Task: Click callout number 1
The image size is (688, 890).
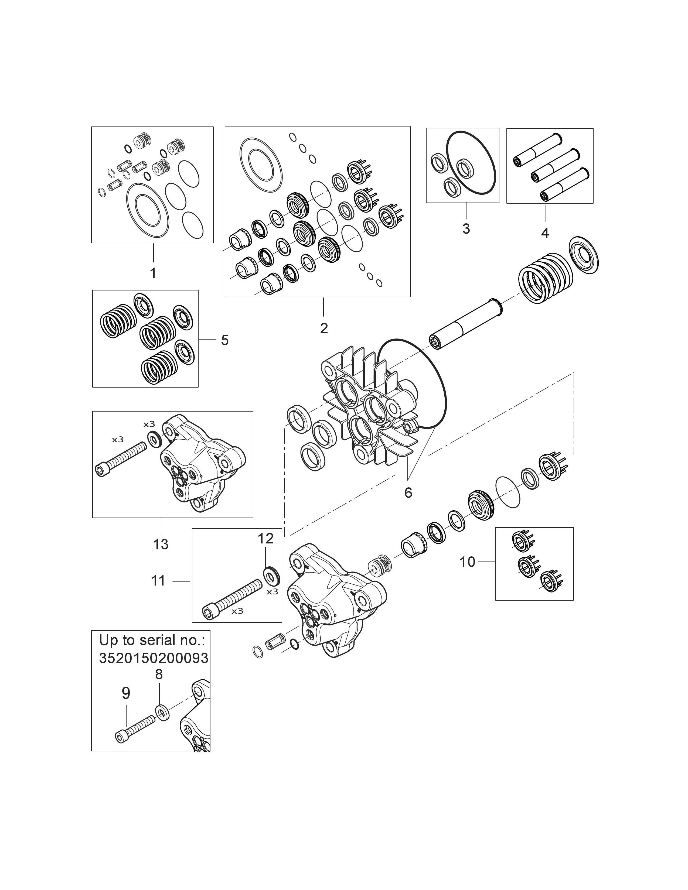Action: (153, 273)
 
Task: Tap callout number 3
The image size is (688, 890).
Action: (466, 229)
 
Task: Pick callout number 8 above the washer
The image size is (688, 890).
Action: (159, 675)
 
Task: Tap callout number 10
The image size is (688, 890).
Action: (468, 562)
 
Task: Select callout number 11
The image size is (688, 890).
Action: (159, 580)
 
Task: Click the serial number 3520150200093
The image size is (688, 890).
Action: (154, 658)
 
